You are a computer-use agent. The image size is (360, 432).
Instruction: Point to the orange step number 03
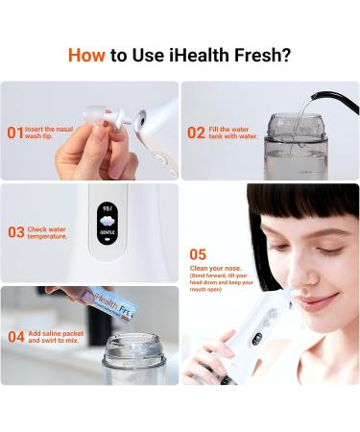(x=15, y=232)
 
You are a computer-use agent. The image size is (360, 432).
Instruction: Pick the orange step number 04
(x=15, y=336)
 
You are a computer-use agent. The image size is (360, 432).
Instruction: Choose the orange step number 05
(x=197, y=254)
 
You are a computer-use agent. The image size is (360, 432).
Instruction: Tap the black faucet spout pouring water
(x=330, y=98)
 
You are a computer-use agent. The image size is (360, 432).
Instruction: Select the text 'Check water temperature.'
(x=49, y=232)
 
